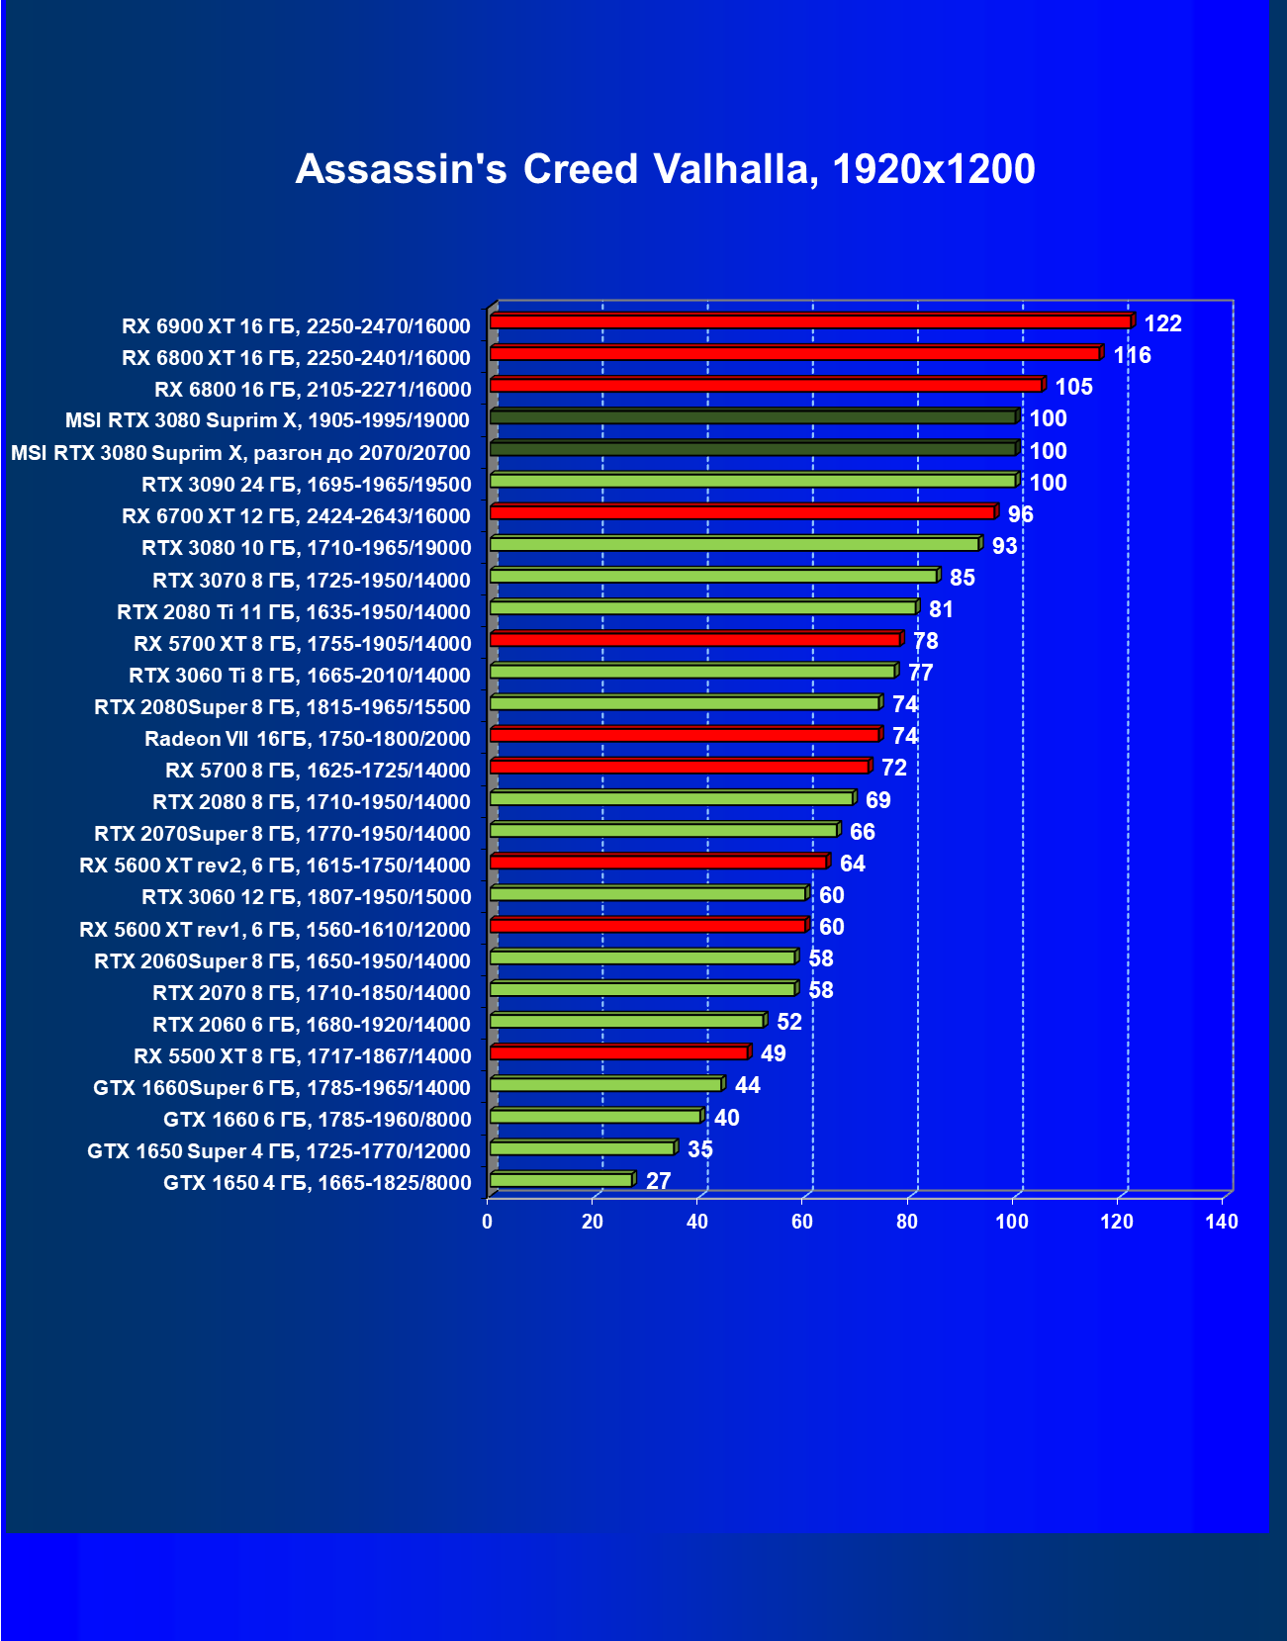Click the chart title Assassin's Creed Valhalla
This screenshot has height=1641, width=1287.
click(665, 169)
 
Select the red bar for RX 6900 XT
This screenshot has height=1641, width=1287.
click(810, 321)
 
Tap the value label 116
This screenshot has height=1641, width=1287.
click(1132, 355)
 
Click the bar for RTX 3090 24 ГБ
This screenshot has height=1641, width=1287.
click(753, 481)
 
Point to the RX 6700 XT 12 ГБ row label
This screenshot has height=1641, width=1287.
click(296, 516)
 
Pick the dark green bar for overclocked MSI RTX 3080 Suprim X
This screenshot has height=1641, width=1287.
click(753, 449)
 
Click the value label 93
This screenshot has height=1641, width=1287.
click(1004, 546)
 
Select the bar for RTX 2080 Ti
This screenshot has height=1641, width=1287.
click(703, 607)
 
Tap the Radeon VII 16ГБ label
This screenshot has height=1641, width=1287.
click(307, 739)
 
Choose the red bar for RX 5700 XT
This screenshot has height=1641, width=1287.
click(695, 639)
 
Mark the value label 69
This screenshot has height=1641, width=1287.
click(877, 800)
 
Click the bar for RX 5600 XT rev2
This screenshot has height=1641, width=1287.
click(659, 862)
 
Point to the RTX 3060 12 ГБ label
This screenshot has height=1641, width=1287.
click(306, 897)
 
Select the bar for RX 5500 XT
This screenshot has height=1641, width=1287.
click(619, 1052)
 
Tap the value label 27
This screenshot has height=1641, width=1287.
click(658, 1181)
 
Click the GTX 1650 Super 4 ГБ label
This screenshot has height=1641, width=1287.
click(278, 1151)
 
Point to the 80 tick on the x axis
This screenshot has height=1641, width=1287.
click(907, 1222)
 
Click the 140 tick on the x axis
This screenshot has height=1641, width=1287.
click(1222, 1222)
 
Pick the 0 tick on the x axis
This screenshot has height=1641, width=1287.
click(487, 1222)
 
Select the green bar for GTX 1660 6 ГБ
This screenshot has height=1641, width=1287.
click(596, 1116)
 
